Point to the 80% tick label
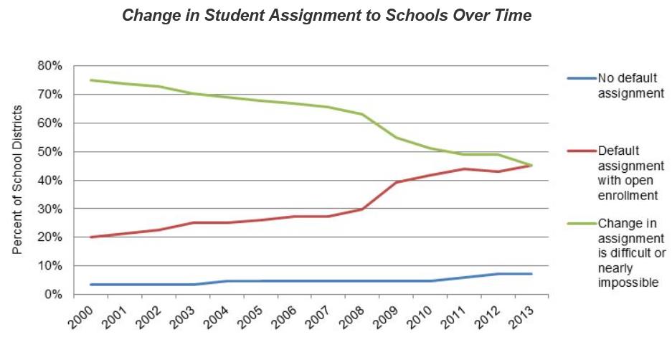click(x=49, y=66)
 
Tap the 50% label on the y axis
click(x=49, y=152)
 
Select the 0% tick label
click(x=52, y=295)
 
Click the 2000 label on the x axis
click(x=80, y=316)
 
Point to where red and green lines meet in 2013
click(x=531, y=166)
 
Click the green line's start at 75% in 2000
click(x=90, y=80)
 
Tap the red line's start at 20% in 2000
click(x=90, y=237)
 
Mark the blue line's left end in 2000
click(x=90, y=285)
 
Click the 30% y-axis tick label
click(x=49, y=209)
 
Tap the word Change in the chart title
click(x=146, y=15)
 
